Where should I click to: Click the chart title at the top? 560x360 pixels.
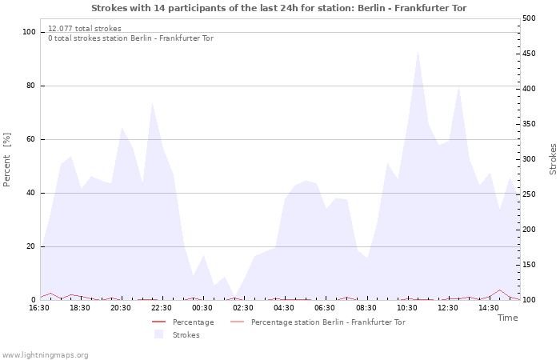tap(278, 8)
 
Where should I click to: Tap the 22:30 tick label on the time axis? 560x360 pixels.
tap(161, 308)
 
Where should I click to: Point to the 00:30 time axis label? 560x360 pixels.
tap(202, 308)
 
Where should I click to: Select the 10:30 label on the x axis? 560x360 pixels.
tap(406, 308)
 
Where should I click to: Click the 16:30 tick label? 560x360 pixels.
tap(39, 308)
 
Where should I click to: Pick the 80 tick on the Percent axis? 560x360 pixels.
tap(30, 86)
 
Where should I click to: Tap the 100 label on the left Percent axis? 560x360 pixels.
tap(29, 32)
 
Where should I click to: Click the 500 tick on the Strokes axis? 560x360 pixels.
tap(529, 18)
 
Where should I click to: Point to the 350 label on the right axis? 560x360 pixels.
tap(529, 124)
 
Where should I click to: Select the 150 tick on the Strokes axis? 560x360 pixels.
tap(529, 265)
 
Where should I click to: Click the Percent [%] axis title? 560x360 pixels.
tap(6, 160)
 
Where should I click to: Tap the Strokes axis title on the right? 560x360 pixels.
tap(553, 159)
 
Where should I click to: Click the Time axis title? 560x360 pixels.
tap(507, 318)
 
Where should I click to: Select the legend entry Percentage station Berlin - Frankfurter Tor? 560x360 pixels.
tap(318, 322)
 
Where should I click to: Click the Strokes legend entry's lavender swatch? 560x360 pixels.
tap(158, 334)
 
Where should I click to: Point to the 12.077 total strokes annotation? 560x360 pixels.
tap(85, 29)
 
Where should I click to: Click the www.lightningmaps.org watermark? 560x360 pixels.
tap(44, 355)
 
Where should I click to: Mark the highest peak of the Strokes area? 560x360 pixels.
tap(418, 52)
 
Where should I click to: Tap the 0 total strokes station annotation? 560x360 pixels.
tap(130, 38)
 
